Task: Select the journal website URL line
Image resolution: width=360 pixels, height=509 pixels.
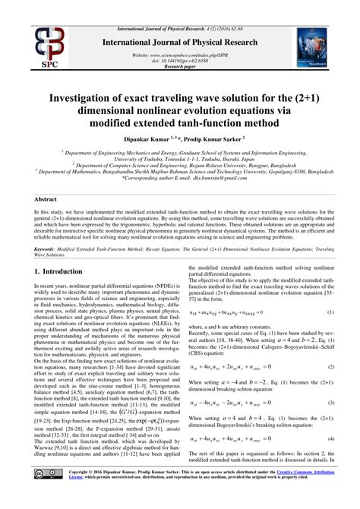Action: [x=180, y=55]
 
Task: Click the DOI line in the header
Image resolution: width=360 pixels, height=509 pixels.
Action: [x=180, y=61]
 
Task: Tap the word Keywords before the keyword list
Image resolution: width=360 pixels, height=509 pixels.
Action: [x=48, y=248]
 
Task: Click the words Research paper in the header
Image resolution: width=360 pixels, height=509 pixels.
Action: [x=180, y=66]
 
